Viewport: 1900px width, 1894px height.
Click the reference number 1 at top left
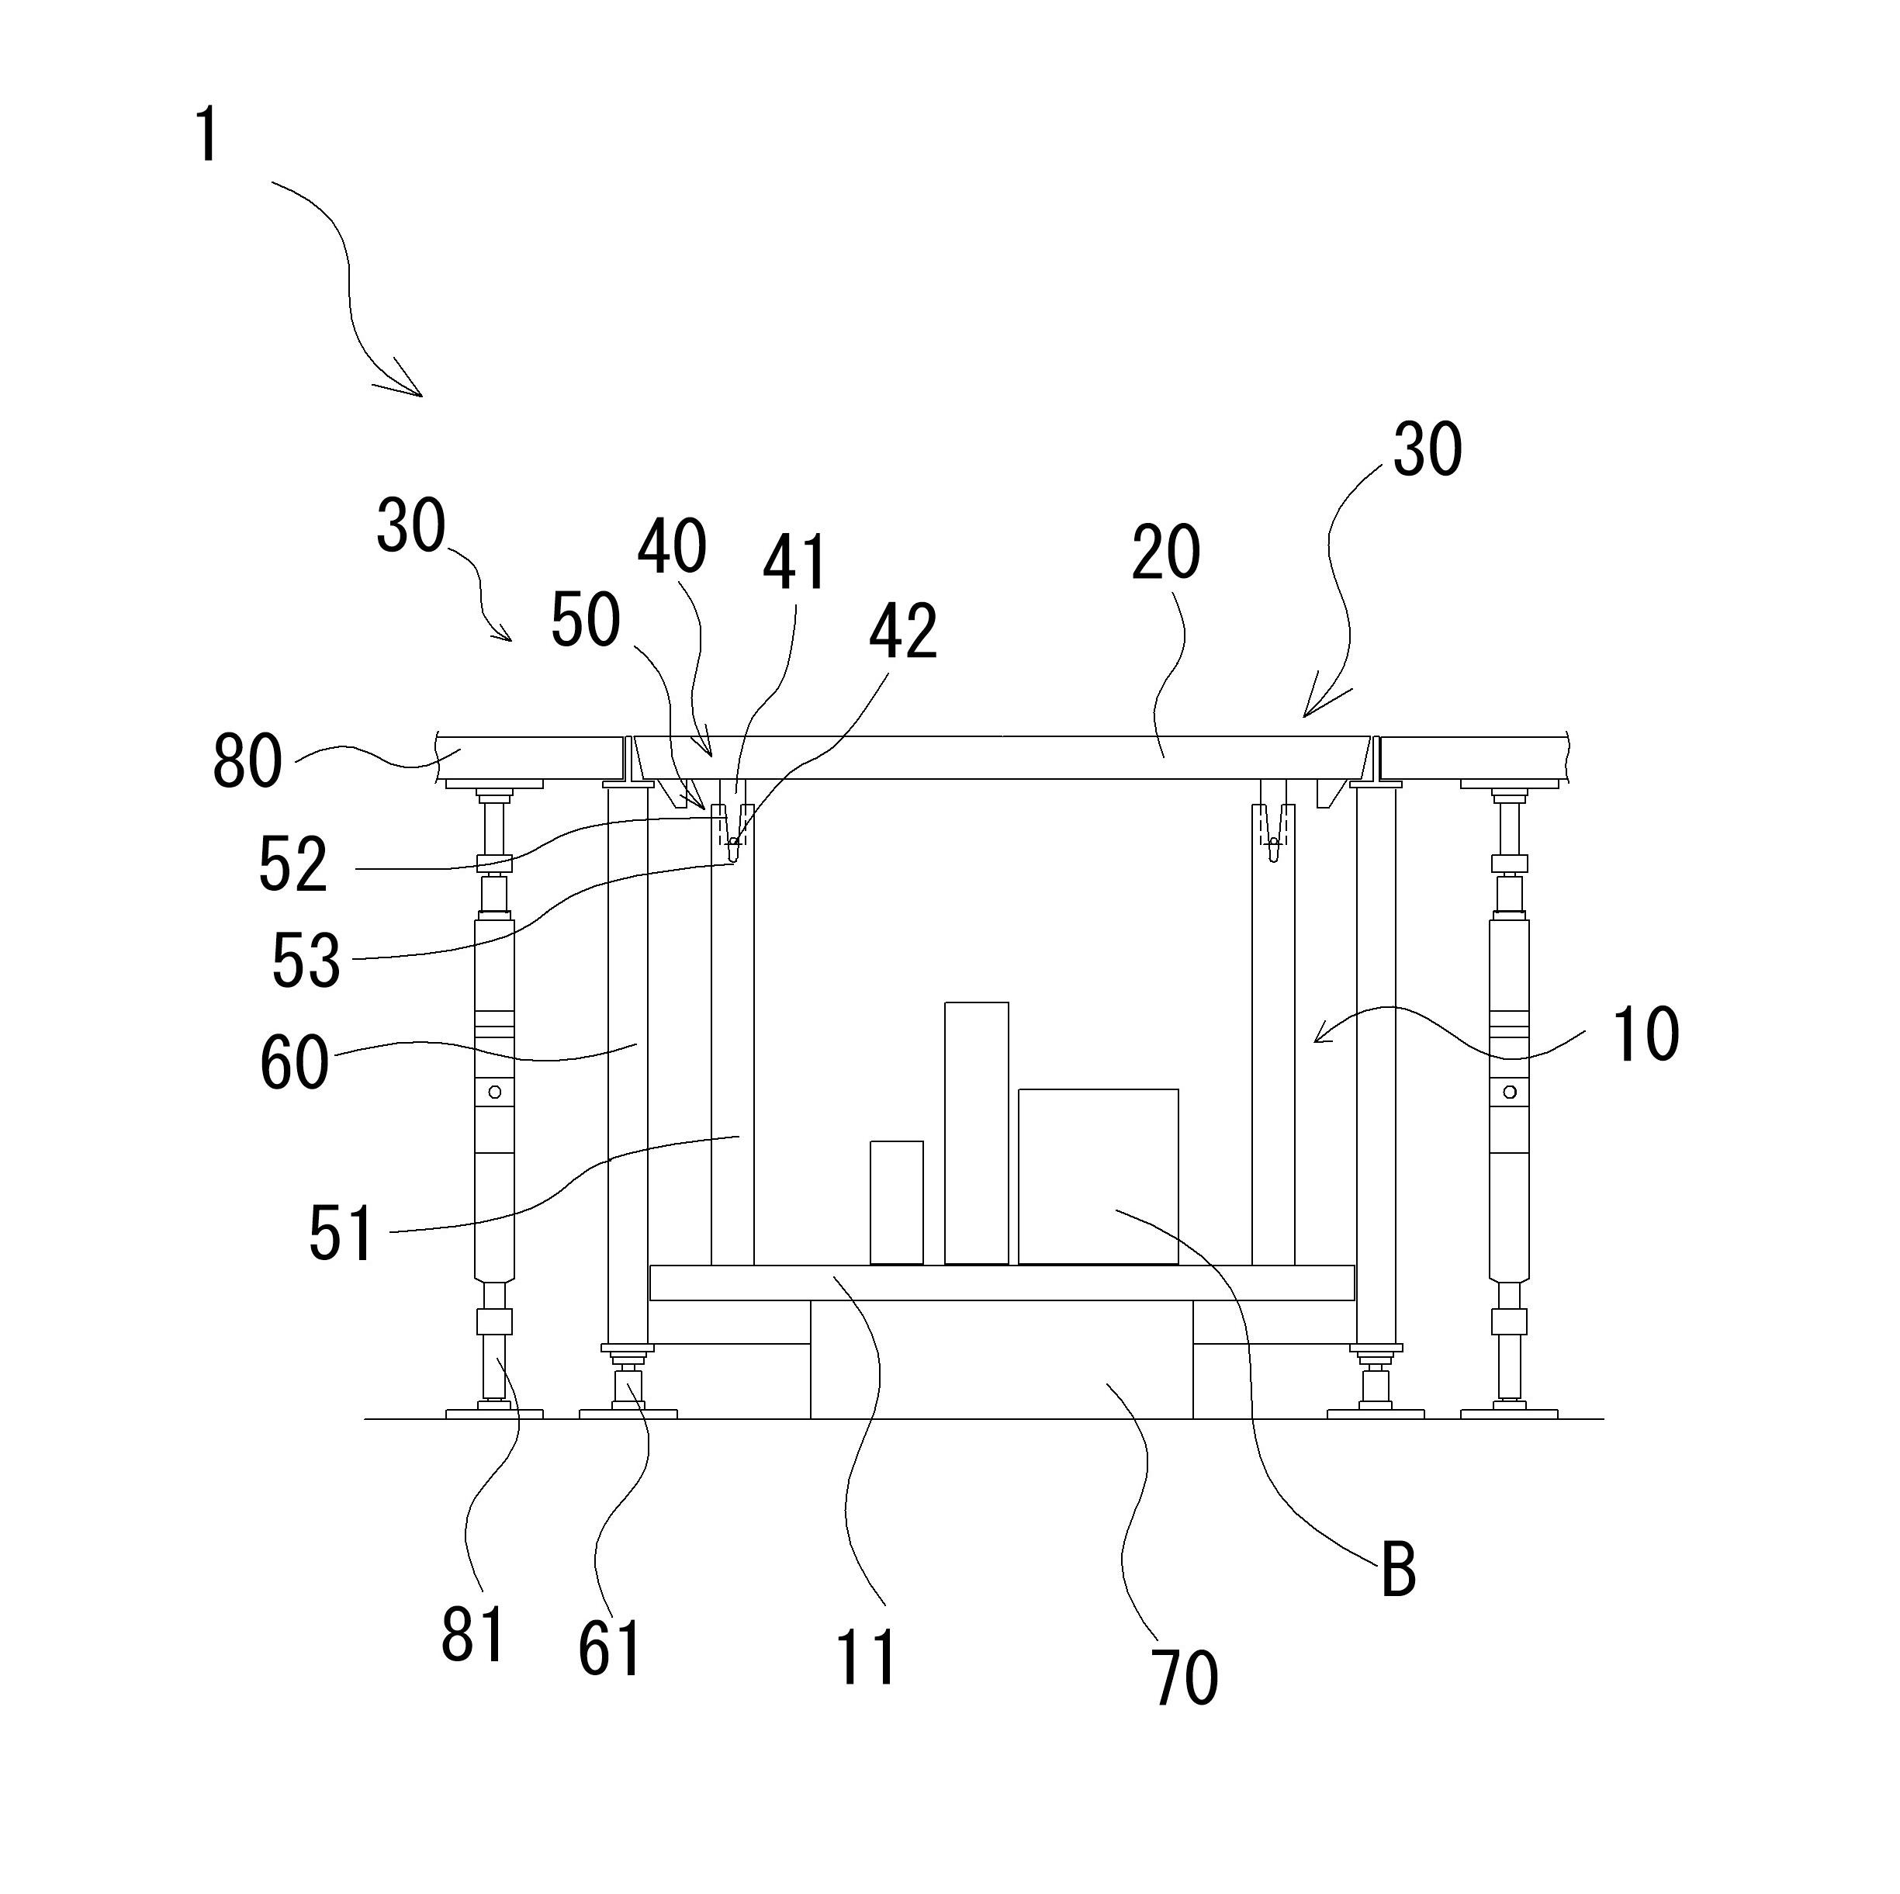click(206, 136)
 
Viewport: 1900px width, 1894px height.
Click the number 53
click(306, 961)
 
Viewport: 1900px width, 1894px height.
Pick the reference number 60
click(293, 1064)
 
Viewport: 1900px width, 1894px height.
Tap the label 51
click(341, 1234)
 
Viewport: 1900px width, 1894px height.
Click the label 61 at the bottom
click(609, 1648)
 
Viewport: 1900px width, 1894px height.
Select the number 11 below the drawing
click(865, 1657)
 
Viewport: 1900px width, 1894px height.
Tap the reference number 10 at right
click(1644, 1034)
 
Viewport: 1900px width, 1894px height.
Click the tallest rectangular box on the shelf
click(975, 1133)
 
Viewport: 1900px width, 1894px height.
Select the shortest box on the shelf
click(896, 1202)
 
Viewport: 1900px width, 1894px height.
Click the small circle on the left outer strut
click(495, 1092)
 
